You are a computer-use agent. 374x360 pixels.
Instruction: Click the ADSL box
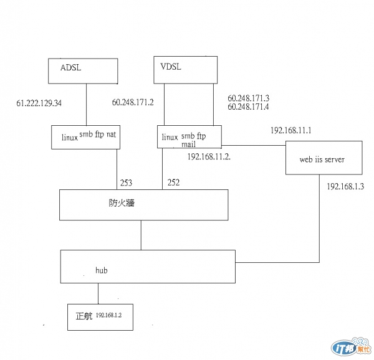coord(84,70)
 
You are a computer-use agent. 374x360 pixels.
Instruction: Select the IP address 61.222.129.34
coord(39,103)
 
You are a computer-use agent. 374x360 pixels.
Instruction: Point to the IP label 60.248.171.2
coord(133,102)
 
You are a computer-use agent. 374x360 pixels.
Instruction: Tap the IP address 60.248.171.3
coord(249,98)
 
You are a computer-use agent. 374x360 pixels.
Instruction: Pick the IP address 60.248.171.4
coord(249,107)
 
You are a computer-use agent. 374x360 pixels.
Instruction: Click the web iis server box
coord(321,159)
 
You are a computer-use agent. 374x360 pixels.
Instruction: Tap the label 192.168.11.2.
coord(209,156)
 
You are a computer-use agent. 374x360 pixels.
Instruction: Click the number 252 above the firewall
coord(173,183)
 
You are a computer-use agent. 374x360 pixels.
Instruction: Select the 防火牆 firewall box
coord(143,204)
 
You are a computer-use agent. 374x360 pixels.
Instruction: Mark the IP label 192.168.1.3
coord(345,186)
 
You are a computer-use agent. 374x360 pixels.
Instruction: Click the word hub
coord(102,270)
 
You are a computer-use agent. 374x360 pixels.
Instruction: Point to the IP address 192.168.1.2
coord(109,316)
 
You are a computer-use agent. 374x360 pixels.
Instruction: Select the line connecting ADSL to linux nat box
coord(85,105)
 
